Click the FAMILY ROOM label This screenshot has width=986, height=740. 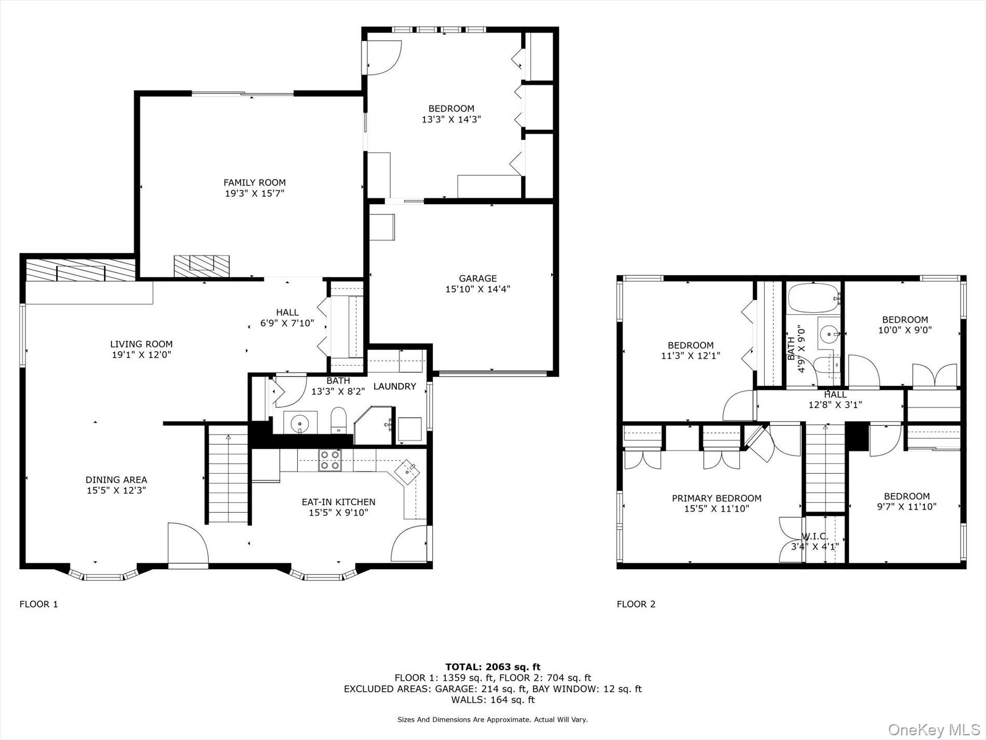254,182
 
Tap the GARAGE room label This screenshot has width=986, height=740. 477,278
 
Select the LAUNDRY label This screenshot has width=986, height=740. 394,386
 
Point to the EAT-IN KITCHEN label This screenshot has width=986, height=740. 338,502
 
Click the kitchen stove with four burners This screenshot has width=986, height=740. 330,460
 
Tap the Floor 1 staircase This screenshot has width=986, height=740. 228,474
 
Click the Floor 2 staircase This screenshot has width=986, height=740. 825,469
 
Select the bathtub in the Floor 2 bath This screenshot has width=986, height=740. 813,297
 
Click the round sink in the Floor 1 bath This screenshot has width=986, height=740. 300,422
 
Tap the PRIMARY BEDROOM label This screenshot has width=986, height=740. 717,499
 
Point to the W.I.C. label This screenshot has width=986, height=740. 815,536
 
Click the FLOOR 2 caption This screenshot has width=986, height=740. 636,604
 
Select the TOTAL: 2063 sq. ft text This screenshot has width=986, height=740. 492,667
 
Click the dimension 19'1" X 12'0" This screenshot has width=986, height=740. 141,355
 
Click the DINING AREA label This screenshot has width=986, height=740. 116,480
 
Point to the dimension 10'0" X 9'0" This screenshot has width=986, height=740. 905,330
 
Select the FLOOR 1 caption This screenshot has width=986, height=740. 39,604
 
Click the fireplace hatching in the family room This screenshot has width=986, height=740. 201,266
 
